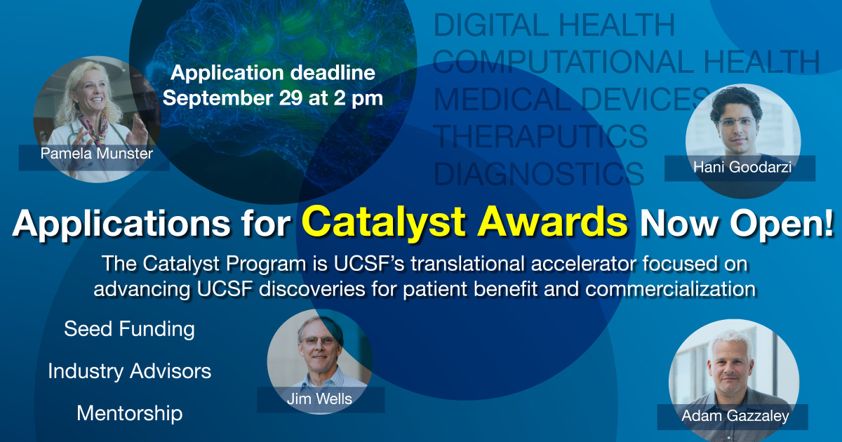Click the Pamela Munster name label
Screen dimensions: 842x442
point(97,154)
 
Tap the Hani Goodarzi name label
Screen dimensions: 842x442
point(742,167)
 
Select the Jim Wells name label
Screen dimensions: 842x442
point(319,399)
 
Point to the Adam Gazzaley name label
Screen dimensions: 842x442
point(735,416)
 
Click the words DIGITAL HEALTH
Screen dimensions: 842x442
point(554,25)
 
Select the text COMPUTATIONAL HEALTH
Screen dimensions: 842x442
point(626,62)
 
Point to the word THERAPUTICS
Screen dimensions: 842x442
point(540,136)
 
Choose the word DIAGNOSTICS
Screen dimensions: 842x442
point(539,173)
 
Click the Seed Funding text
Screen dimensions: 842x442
point(129,329)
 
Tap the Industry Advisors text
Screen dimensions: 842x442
point(129,371)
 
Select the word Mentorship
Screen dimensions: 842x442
point(129,414)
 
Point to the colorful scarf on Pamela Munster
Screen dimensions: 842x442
point(94,128)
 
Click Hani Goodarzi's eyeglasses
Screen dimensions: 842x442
point(737,122)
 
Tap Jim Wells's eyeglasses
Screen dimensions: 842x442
point(318,341)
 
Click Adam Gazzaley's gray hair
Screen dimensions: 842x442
point(731,344)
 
